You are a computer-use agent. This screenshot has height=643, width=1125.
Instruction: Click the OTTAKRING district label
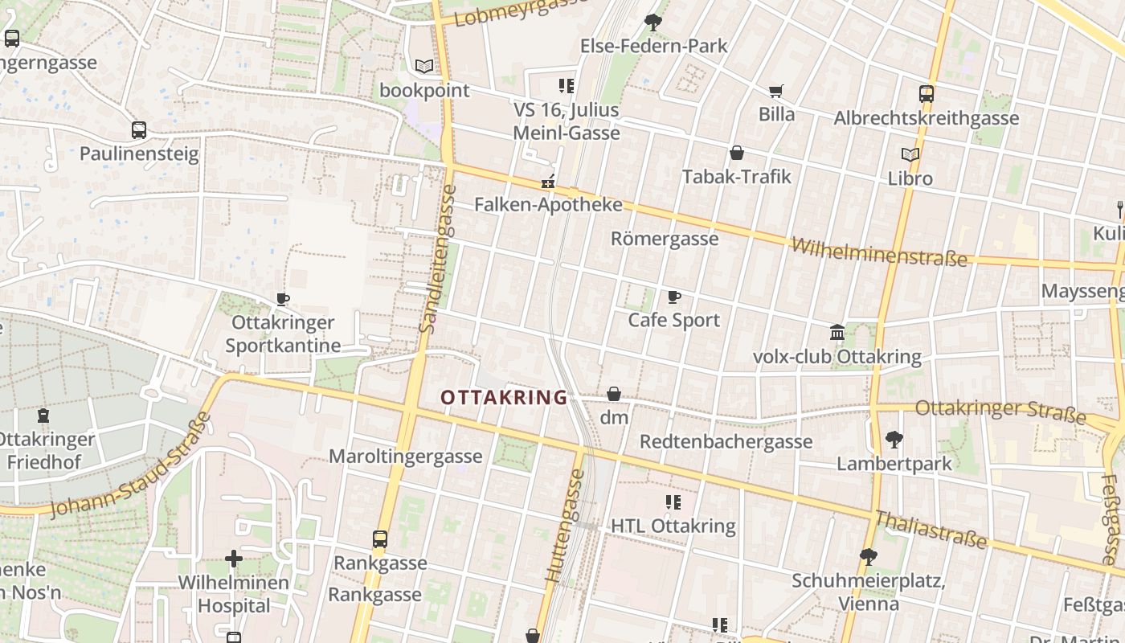tap(504, 397)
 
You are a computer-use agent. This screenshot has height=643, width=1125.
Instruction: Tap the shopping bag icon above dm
tap(614, 394)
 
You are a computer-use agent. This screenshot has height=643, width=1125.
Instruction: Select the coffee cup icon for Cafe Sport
tap(674, 297)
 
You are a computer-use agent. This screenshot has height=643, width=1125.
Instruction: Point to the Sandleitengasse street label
tap(437, 259)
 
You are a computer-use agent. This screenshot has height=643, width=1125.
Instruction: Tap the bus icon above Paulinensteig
tap(139, 130)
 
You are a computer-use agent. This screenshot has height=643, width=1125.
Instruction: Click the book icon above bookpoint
tap(423, 67)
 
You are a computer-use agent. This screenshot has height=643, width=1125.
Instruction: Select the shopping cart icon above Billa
tap(776, 92)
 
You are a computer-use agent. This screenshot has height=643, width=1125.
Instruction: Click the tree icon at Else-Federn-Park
tap(653, 23)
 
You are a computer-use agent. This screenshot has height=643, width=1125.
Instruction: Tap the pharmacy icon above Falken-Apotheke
tap(549, 182)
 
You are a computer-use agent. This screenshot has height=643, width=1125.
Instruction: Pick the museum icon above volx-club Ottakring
tap(837, 332)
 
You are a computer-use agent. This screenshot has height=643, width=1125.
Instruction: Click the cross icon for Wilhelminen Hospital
tap(234, 558)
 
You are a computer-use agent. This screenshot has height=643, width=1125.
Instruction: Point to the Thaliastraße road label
tap(931, 530)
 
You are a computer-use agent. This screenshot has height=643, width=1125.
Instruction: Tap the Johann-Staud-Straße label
tap(130, 466)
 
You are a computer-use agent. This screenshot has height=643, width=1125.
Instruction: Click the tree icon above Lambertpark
tap(894, 440)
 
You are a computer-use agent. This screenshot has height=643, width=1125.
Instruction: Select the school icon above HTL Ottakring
tap(673, 503)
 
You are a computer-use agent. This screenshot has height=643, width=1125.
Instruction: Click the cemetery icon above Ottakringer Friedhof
tap(43, 416)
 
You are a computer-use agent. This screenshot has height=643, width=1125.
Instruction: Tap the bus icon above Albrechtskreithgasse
tap(927, 94)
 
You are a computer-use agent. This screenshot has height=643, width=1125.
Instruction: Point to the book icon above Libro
tap(910, 155)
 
